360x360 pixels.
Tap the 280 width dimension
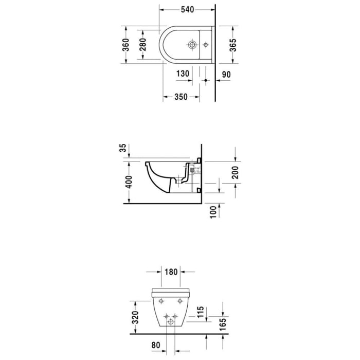pyautogui.click(x=143, y=45)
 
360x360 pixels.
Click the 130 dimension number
pyautogui.click(x=183, y=74)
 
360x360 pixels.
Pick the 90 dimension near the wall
pyautogui.click(x=226, y=74)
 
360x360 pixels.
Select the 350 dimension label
pyautogui.click(x=181, y=97)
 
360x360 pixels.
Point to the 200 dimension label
pyautogui.click(x=235, y=173)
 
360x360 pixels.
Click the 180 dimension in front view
pyautogui.click(x=171, y=272)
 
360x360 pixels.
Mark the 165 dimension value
pyautogui.click(x=223, y=326)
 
